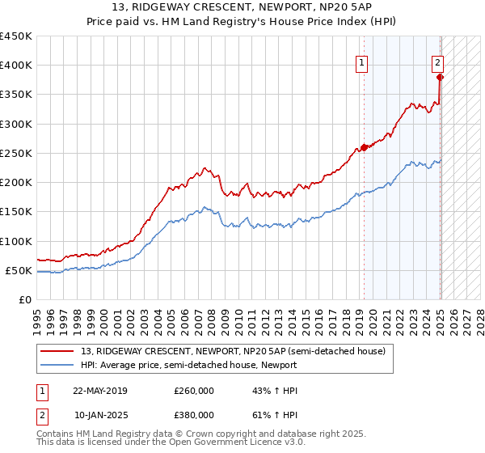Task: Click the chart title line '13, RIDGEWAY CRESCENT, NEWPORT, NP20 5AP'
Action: coord(242,9)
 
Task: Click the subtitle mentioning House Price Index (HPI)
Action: coord(242,23)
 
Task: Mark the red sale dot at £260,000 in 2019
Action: coord(364,147)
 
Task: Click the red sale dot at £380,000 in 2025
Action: coord(440,78)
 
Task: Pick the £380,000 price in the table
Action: coord(194,413)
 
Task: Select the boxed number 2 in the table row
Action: coord(41,413)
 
